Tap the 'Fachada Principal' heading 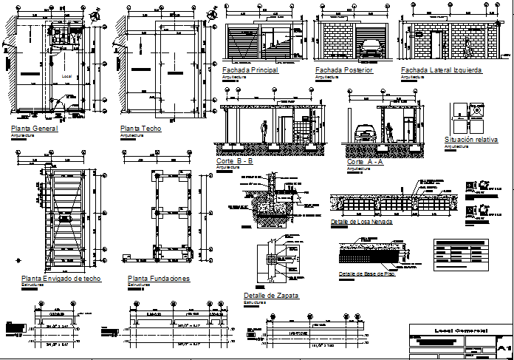click(x=250, y=70)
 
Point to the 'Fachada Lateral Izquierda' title click(x=441, y=70)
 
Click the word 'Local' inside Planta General click(x=66, y=76)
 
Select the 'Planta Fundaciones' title click(x=159, y=279)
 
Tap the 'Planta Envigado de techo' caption click(x=61, y=279)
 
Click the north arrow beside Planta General click(x=94, y=16)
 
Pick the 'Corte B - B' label click(x=235, y=161)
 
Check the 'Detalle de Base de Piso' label click(x=366, y=274)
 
